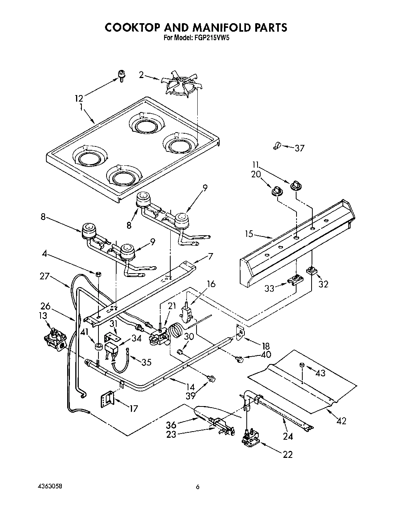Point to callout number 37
tap(300, 148)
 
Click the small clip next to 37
tap(276, 146)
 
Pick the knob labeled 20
tap(275, 190)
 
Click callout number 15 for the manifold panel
tap(249, 234)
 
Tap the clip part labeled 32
tap(311, 271)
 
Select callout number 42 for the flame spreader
tap(341, 421)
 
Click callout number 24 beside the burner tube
tap(288, 437)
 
